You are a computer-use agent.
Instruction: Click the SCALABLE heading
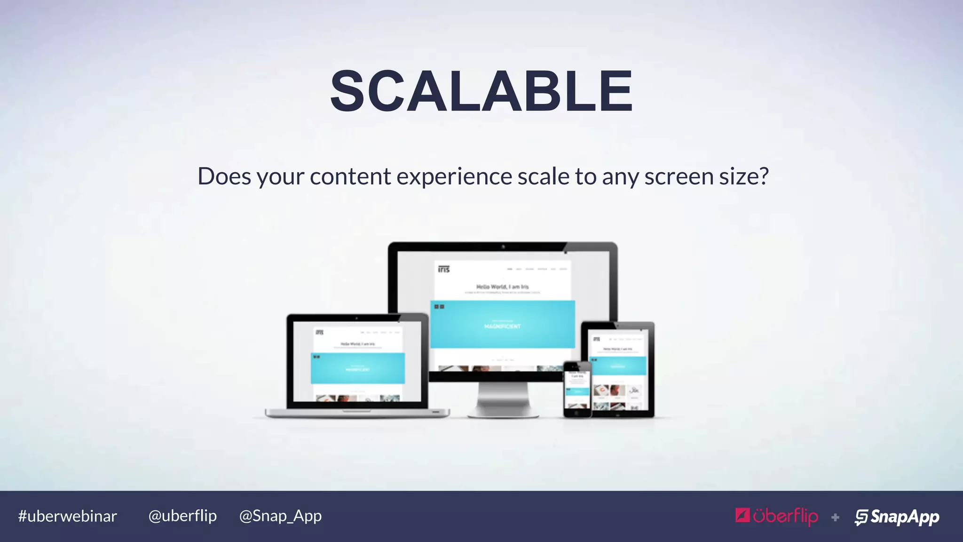[x=481, y=91]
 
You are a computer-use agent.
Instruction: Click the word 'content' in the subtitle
[x=350, y=177]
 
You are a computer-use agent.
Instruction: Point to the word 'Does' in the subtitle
[x=224, y=176]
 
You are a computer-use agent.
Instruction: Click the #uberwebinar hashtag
[x=67, y=516]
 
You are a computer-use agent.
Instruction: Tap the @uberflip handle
[x=182, y=516]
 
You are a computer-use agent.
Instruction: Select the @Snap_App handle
[x=280, y=516]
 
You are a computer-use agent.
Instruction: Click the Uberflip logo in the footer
[x=777, y=517]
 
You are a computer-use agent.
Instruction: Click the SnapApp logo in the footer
[x=897, y=517]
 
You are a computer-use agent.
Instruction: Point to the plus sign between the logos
[x=835, y=518]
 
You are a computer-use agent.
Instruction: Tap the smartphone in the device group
[x=577, y=390]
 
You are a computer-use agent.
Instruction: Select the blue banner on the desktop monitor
[x=503, y=324]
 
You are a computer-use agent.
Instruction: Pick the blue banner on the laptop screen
[x=357, y=368]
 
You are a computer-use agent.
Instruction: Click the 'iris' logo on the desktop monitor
[x=444, y=269]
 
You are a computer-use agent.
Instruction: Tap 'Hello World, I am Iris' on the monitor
[x=502, y=287]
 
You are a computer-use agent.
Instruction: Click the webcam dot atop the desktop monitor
[x=503, y=247]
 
